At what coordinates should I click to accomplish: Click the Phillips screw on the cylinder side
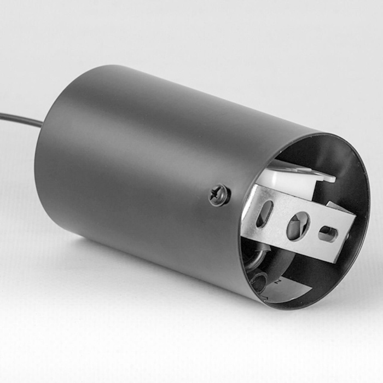219,195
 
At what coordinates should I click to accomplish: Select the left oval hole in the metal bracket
264,213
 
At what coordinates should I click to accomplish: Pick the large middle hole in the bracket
298,225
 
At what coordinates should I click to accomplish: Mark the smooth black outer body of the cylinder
137,164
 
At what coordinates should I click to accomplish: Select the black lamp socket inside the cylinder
274,268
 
